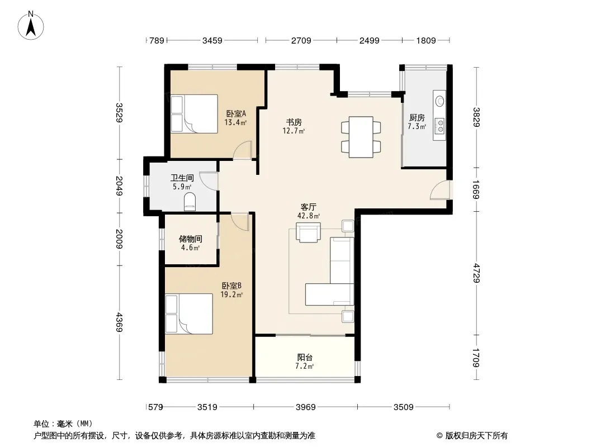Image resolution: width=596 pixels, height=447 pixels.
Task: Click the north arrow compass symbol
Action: [31, 26]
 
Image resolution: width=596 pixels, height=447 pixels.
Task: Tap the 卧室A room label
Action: [236, 113]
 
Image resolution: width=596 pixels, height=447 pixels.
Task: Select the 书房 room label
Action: [294, 122]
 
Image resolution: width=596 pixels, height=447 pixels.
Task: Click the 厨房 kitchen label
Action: [417, 118]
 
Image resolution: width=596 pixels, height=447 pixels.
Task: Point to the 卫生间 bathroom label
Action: [182, 178]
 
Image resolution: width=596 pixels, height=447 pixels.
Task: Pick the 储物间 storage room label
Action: [191, 239]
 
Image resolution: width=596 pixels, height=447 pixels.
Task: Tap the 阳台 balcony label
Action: [305, 358]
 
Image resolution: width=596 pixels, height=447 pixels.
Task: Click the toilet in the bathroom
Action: [190, 202]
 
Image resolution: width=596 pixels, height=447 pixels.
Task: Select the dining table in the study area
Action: [361, 137]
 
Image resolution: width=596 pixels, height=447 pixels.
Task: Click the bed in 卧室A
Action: [194, 114]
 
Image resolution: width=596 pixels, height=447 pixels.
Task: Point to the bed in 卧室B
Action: [189, 313]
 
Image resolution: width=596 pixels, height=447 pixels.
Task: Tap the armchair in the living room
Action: [308, 232]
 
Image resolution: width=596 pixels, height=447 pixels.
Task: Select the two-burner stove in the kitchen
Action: [440, 125]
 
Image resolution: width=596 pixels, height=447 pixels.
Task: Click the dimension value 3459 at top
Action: [212, 40]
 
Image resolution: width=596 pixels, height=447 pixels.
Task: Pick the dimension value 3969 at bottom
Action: [306, 407]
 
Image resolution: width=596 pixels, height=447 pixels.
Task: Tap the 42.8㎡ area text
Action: [308, 216]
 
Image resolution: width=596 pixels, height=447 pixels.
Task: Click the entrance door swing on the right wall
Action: [440, 189]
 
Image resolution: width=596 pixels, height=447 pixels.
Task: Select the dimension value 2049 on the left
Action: [119, 186]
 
